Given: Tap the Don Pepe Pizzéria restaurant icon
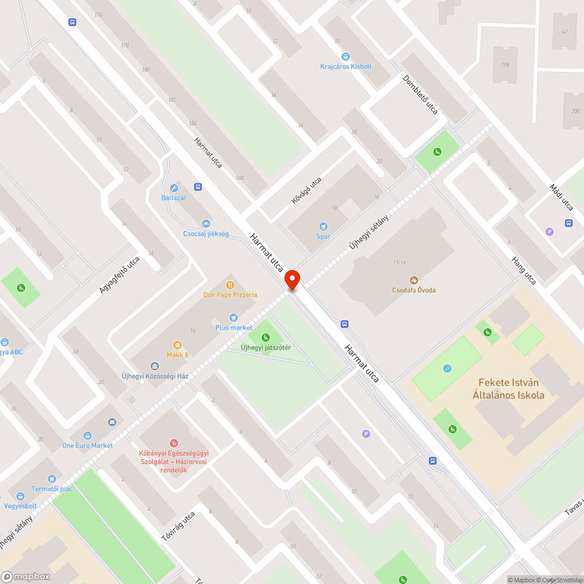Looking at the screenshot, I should click(231, 285).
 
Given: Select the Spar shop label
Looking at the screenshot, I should click(324, 237).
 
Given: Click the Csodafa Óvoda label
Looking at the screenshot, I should click(414, 290).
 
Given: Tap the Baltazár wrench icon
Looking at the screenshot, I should click(173, 188).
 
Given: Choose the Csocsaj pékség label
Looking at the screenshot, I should click(206, 234).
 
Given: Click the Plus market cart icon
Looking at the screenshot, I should click(234, 318).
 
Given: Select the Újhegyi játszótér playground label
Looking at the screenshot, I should click(266, 348).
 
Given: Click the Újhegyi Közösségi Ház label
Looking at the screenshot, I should click(155, 376).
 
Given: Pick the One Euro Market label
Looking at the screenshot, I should click(88, 446).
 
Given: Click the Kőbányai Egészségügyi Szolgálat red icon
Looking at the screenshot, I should click(173, 443).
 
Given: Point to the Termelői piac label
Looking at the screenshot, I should click(52, 489).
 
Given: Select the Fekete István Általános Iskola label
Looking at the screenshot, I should click(508, 389).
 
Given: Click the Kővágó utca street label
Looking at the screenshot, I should click(307, 191).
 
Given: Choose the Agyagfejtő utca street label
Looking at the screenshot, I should click(120, 274).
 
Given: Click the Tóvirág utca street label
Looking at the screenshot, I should click(178, 526).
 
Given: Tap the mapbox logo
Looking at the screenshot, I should click(26, 576).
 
